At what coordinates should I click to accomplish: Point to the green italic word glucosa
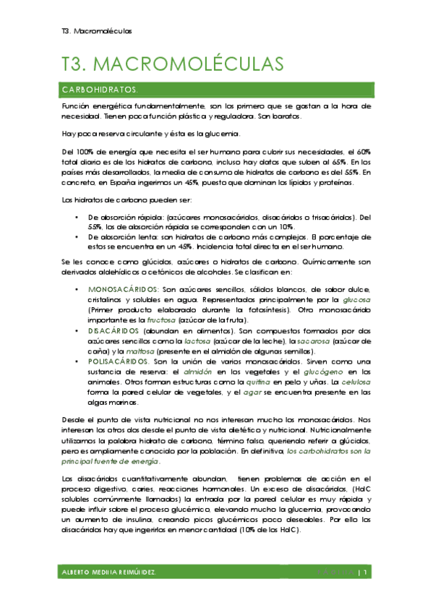[356, 300]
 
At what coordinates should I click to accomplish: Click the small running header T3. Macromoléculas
[97, 32]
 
